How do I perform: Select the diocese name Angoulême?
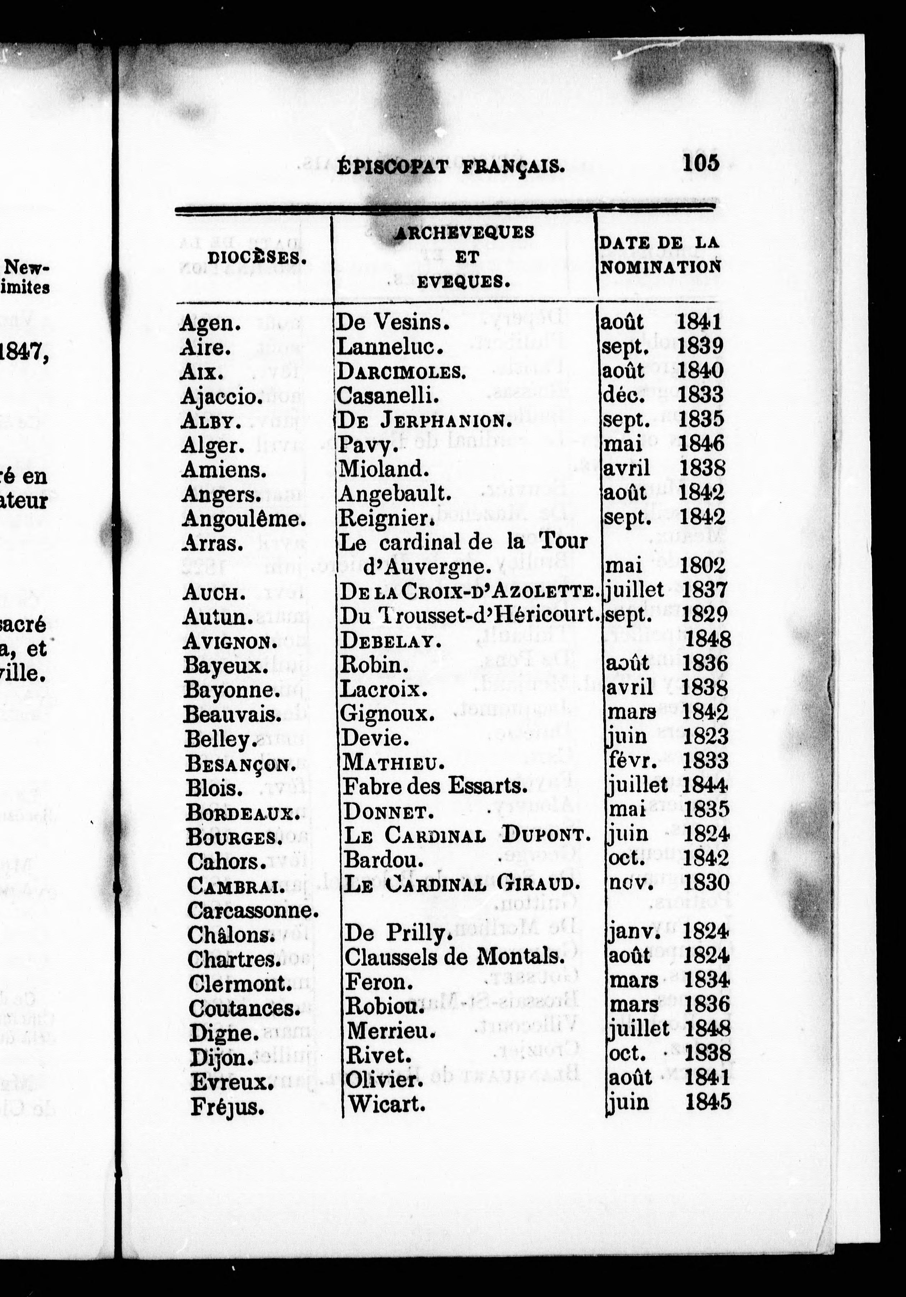coord(244,519)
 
